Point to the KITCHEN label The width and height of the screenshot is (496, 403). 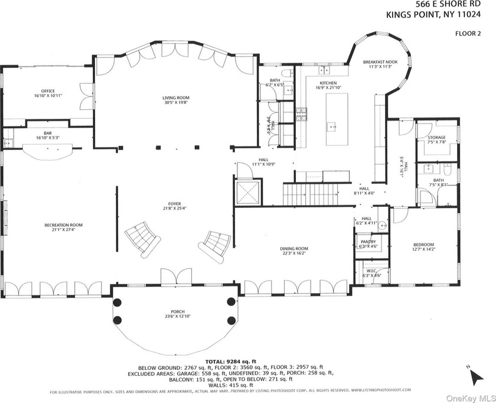tap(328, 83)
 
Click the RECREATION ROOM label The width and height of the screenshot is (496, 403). tap(63, 225)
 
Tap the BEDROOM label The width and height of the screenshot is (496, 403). tap(423, 245)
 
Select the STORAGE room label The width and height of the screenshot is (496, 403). tap(436, 137)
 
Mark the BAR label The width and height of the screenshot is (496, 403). tap(47, 133)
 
